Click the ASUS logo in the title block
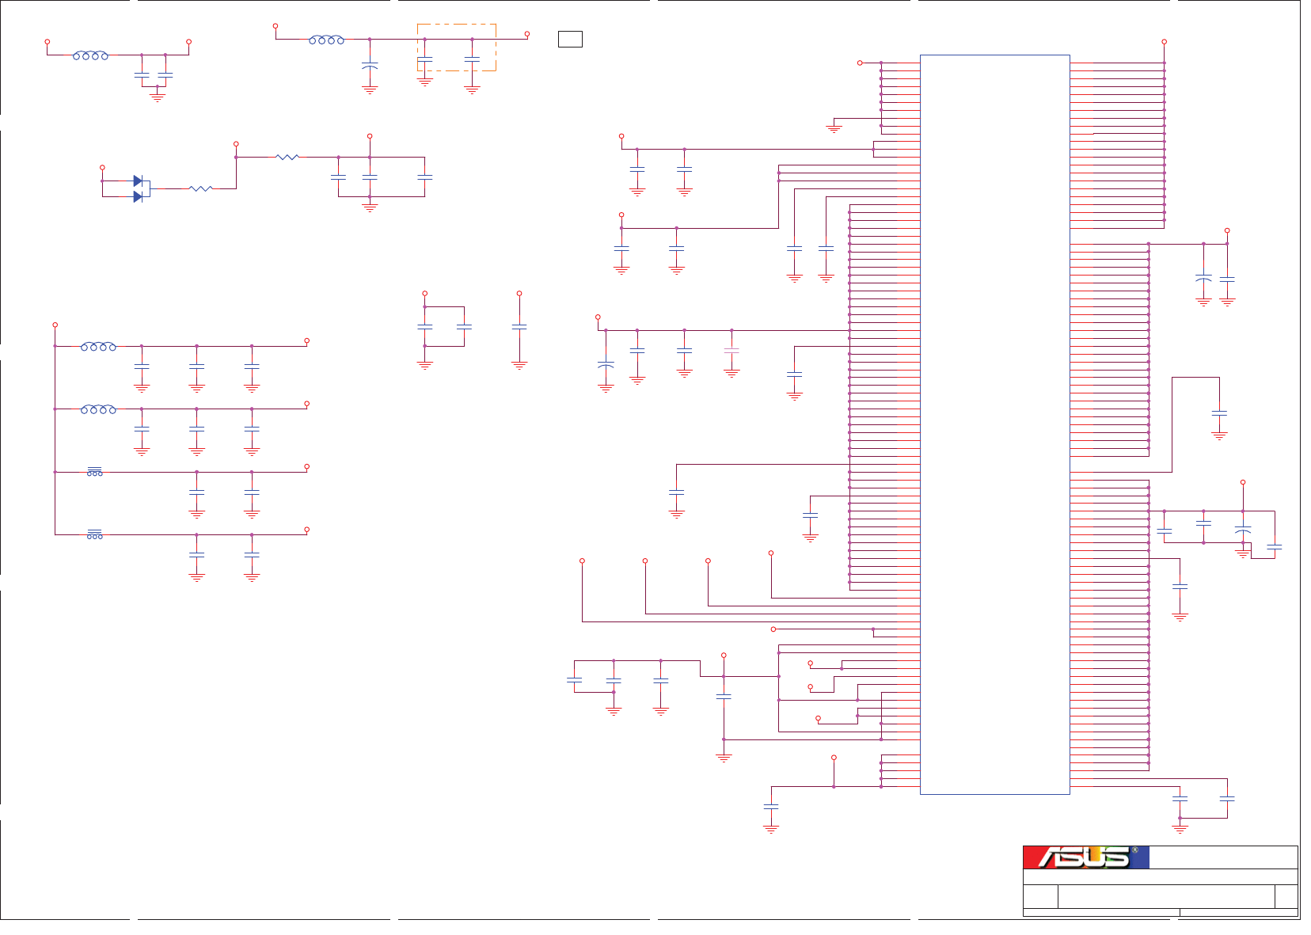(x=1085, y=857)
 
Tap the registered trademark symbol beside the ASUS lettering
(x=1134, y=850)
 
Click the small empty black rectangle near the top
(x=570, y=39)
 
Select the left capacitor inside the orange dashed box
(x=425, y=59)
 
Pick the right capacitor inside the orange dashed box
(x=472, y=59)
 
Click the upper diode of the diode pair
(x=139, y=181)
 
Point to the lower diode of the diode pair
(x=139, y=196)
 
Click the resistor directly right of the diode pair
(x=200, y=188)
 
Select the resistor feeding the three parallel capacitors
(x=287, y=158)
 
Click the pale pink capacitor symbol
(x=731, y=349)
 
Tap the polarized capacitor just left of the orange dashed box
(x=370, y=66)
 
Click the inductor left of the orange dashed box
(x=326, y=40)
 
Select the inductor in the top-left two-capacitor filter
(x=90, y=55)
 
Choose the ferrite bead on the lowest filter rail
(x=95, y=535)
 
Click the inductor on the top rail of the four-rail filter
(x=98, y=347)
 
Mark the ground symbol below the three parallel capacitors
(x=370, y=207)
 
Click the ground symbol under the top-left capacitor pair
(x=158, y=98)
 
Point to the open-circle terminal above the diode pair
(x=102, y=168)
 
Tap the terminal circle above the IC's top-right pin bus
(x=1164, y=42)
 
